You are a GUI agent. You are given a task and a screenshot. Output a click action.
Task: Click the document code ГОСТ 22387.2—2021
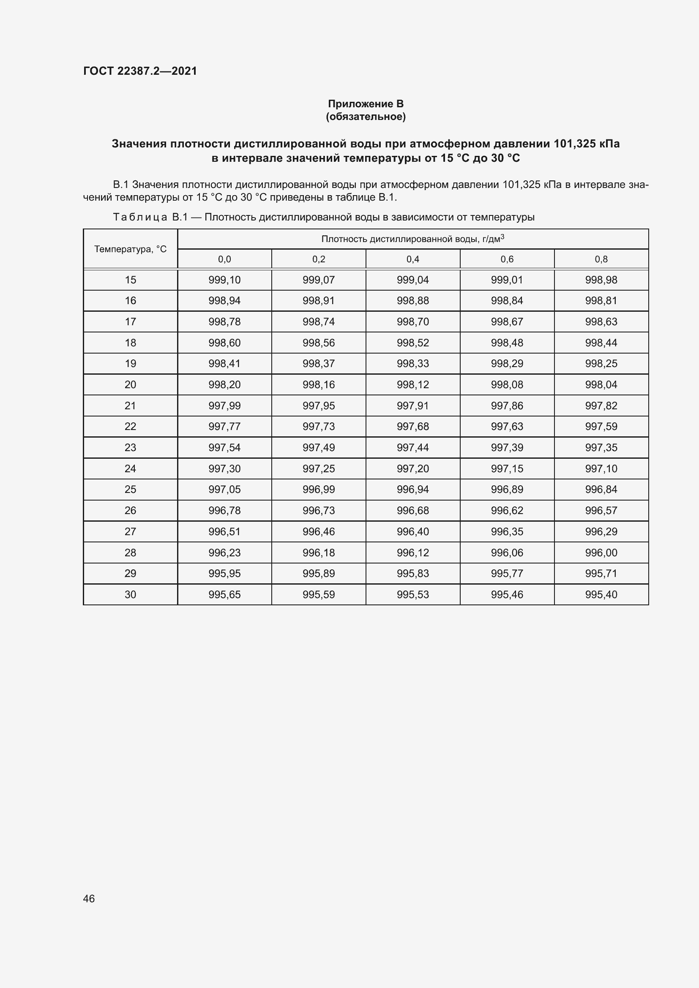coord(140,71)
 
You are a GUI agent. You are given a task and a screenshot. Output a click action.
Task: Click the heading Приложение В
coord(366,104)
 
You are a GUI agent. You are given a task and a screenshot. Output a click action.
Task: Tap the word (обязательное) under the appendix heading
coord(366,117)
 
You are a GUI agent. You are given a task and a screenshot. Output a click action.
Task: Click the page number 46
coord(89,898)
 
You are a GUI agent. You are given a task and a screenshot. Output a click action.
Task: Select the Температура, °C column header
coord(130,249)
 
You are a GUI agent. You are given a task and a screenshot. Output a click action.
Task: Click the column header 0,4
coord(412,259)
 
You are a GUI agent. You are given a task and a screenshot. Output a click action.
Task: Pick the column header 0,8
coord(601,259)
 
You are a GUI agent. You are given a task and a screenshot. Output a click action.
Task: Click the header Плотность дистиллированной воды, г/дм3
coord(412,239)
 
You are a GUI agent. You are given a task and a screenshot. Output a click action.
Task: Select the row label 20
coord(130,385)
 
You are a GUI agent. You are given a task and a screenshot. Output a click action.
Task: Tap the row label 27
coord(130,531)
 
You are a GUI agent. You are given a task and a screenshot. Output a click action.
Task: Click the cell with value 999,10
coord(224,280)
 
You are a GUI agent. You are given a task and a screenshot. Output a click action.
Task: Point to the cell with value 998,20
coord(224,385)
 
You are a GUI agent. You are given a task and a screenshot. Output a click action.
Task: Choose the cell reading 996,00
coord(601,553)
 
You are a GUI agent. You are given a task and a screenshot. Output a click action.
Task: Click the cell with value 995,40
coord(601,594)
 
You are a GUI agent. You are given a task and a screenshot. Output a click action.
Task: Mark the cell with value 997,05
coord(224,489)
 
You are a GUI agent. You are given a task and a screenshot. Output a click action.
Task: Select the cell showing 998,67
coord(507,322)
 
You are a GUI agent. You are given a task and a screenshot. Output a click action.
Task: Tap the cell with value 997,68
coord(412,427)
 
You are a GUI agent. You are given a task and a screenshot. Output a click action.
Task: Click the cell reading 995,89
coord(319,573)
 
